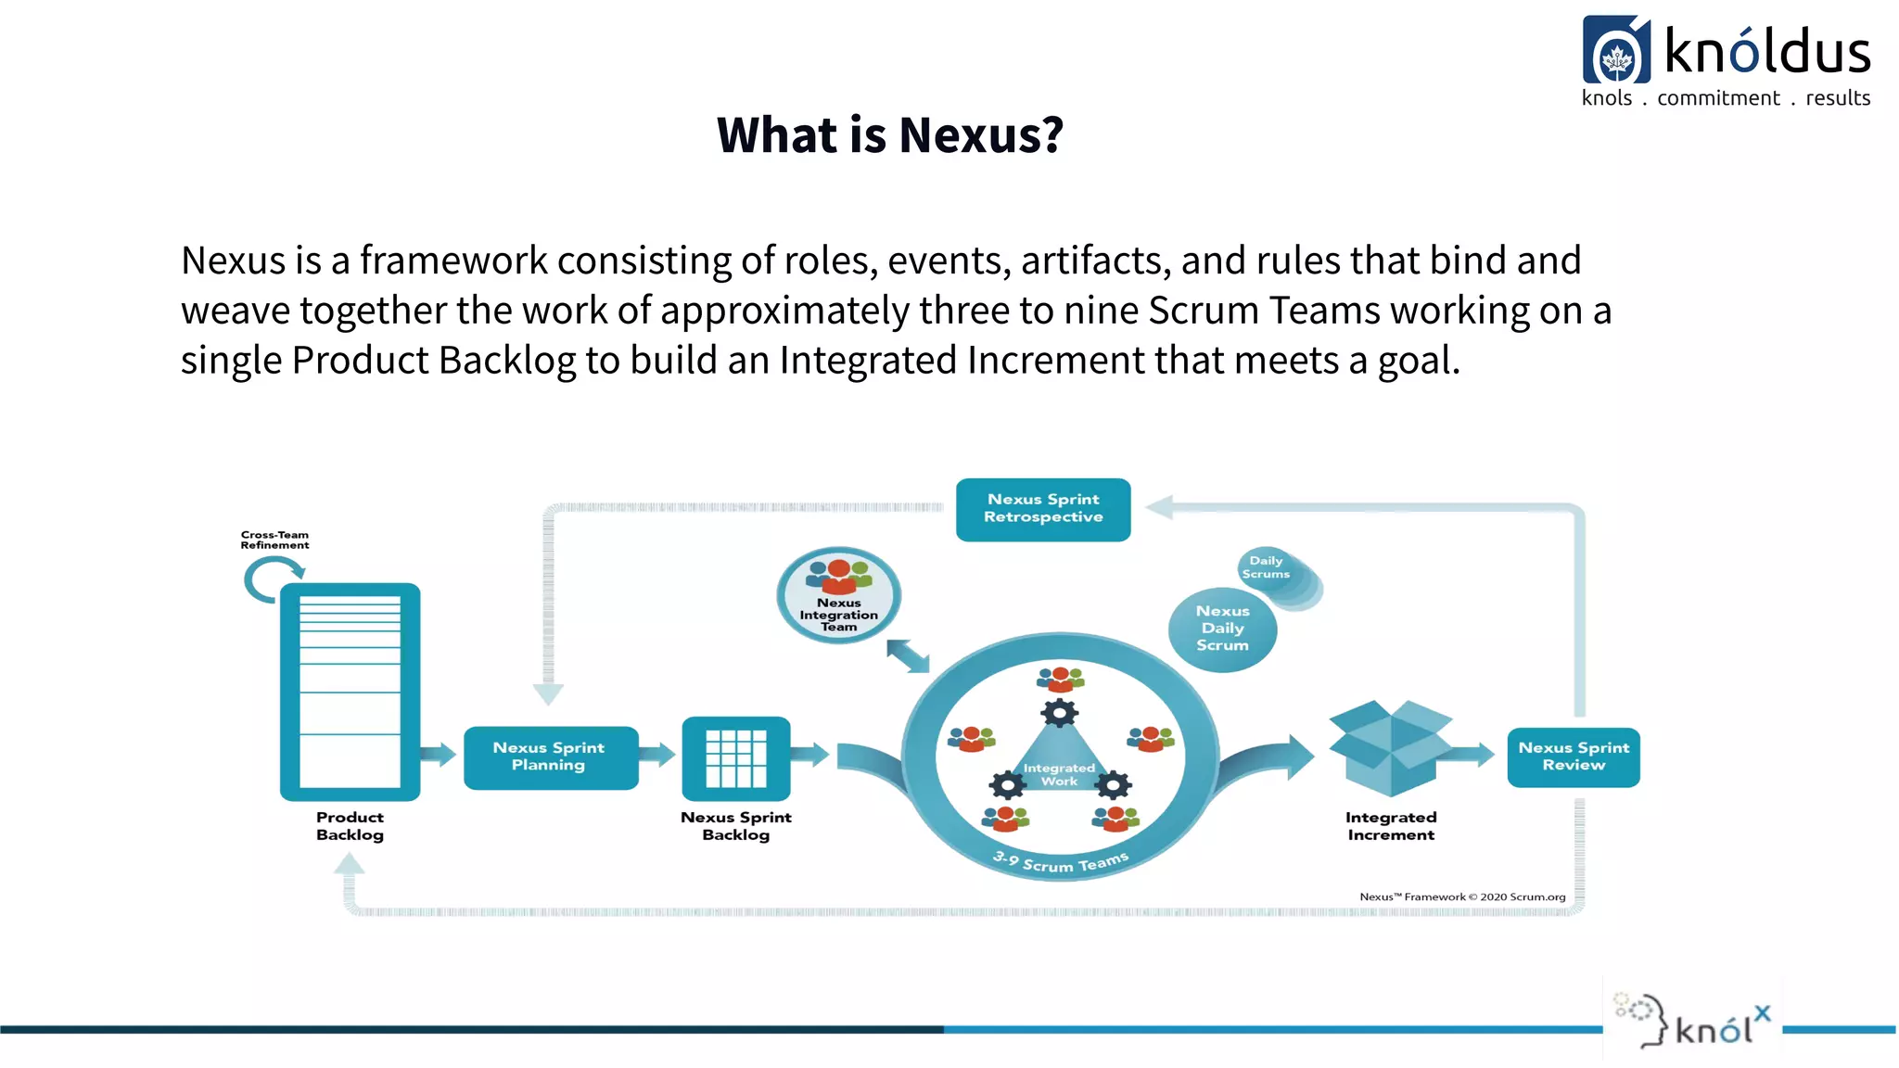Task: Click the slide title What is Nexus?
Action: pyautogui.click(x=889, y=135)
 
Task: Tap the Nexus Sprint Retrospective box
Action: pyautogui.click(x=1043, y=509)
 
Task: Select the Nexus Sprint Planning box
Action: pyautogui.click(x=550, y=756)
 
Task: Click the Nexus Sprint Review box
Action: pyautogui.click(x=1574, y=756)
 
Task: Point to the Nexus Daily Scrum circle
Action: pyautogui.click(x=1222, y=629)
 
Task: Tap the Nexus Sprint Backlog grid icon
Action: pyautogui.click(x=736, y=758)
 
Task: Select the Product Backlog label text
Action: pyautogui.click(x=350, y=826)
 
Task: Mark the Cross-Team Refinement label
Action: pyautogui.click(x=274, y=540)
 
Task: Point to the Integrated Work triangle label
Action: pyautogui.click(x=1059, y=774)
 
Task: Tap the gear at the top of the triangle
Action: pyautogui.click(x=1060, y=713)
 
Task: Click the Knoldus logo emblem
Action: pyautogui.click(x=1616, y=51)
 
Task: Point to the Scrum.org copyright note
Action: pyautogui.click(x=1462, y=896)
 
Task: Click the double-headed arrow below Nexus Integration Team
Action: pyautogui.click(x=908, y=656)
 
